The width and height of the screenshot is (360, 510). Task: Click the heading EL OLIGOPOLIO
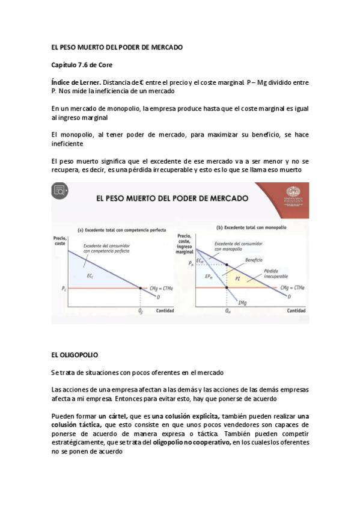point(75,355)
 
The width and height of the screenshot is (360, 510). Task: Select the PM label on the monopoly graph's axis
point(191,263)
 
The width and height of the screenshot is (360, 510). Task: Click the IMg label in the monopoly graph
point(242,301)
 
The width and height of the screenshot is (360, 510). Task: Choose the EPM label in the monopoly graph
point(208,277)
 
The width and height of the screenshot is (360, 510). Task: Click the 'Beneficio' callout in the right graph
point(254,259)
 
